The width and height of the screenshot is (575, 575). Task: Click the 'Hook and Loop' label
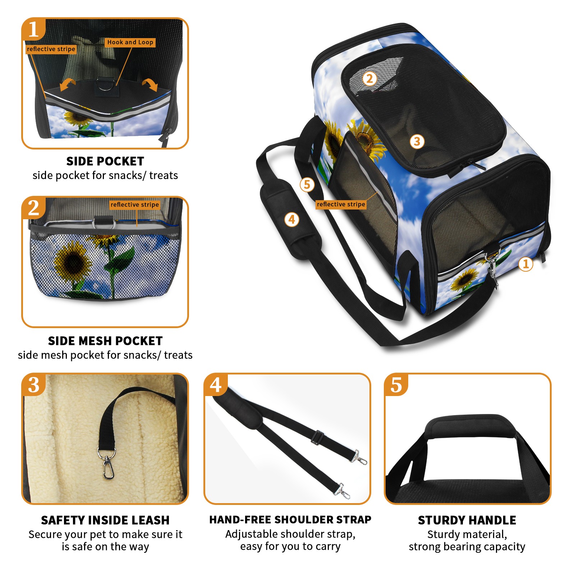[130, 42]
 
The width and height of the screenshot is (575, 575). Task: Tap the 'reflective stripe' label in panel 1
[51, 49]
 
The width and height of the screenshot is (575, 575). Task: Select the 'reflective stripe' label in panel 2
[135, 204]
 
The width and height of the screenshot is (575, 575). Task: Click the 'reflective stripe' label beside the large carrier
[341, 204]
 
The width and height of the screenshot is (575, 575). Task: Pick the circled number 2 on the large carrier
[369, 79]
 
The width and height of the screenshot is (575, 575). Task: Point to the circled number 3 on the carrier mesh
[417, 141]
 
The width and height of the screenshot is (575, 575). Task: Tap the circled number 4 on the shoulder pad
[291, 219]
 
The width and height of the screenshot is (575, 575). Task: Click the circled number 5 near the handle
[307, 185]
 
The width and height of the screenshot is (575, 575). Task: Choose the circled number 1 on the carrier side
[525, 264]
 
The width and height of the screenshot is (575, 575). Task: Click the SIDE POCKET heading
[105, 161]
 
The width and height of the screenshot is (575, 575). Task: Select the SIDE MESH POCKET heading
[105, 341]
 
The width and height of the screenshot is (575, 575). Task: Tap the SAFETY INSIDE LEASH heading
[105, 520]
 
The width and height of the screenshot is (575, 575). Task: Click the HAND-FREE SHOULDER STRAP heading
[290, 520]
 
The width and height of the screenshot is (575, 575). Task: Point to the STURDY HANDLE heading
[467, 520]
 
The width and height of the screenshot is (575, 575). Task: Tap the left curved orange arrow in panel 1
[67, 85]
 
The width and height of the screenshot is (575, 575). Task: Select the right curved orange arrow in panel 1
[150, 84]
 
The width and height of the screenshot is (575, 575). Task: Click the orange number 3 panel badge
[34, 385]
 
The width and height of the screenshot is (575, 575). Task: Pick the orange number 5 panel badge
[396, 385]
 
